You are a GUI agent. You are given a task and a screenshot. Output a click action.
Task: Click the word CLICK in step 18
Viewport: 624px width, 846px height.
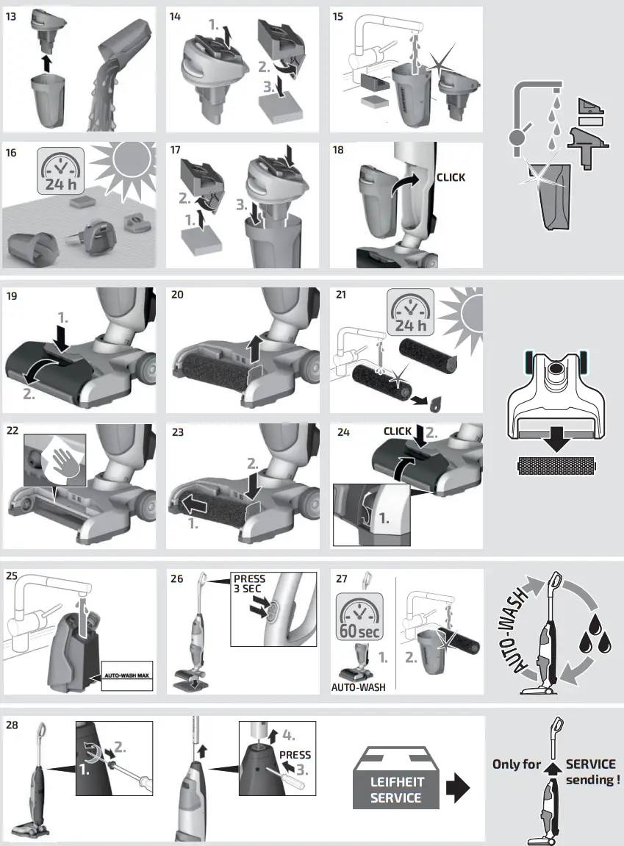[x=451, y=177]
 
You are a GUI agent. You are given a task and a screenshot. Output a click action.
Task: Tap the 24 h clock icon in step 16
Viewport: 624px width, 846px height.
[x=60, y=173]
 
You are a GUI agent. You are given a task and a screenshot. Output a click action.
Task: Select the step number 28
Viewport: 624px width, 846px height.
[x=12, y=725]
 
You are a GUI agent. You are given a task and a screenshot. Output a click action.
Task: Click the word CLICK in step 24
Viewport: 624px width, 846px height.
[x=398, y=431]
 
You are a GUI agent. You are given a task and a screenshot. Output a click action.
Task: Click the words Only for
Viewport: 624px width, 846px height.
[x=516, y=764]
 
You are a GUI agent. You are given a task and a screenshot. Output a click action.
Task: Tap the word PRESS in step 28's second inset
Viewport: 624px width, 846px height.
[x=295, y=755]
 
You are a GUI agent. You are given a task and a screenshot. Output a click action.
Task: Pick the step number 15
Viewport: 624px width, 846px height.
[x=338, y=16]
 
